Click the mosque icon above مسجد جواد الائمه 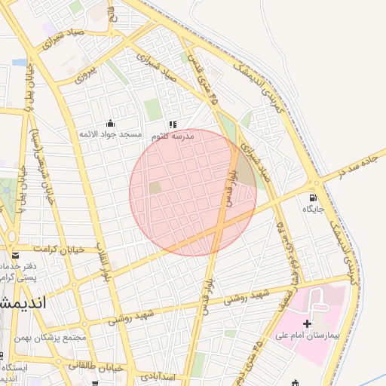(111, 124)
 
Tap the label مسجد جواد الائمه (111, 134)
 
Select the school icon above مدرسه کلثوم (173, 124)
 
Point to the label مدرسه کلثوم (173, 136)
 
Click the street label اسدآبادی (158, 375)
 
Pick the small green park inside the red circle (155, 188)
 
